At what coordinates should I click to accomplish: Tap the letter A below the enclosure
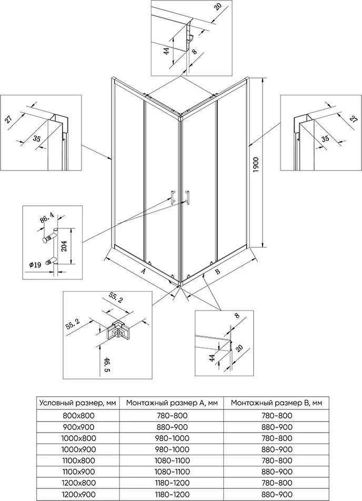(x=143, y=272)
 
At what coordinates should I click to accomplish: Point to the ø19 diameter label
(x=35, y=263)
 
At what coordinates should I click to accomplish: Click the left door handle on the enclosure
(x=172, y=195)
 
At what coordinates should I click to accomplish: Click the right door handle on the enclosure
(x=186, y=195)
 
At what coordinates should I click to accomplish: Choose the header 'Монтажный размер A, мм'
(x=172, y=403)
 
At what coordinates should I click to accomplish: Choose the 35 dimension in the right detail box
(x=326, y=138)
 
